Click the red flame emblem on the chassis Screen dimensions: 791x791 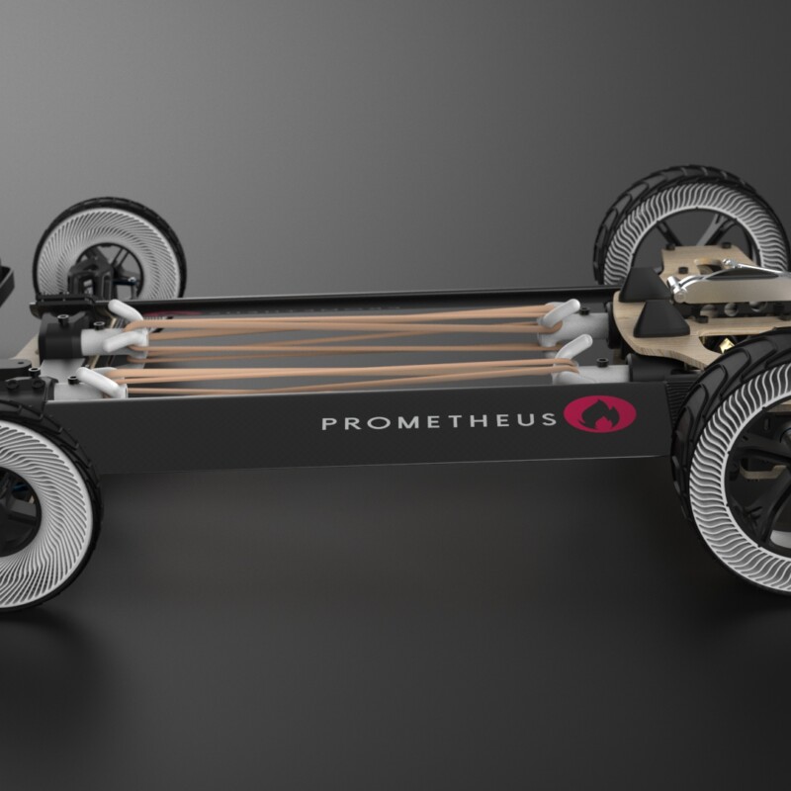tap(599, 414)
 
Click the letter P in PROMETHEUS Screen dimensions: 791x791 tap(328, 423)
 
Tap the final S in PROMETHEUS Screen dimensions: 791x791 tap(550, 419)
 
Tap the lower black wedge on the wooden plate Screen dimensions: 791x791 tap(659, 317)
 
